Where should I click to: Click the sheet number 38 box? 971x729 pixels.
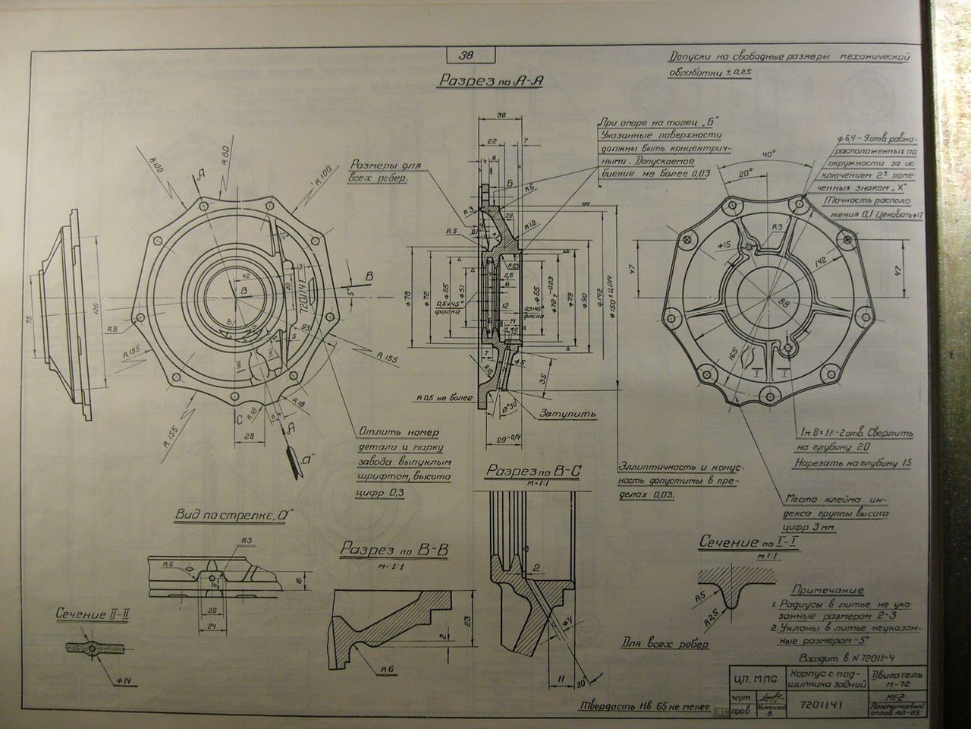pos(467,55)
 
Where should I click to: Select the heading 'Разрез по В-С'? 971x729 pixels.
pos(533,472)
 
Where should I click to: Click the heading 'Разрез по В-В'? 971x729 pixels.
pos(394,550)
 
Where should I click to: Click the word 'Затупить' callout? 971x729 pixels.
pos(568,415)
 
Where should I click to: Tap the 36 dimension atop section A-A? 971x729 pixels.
pos(501,115)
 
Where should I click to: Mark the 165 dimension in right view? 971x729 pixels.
pos(733,354)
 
